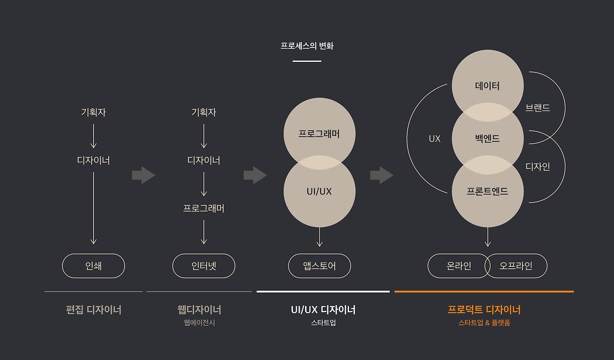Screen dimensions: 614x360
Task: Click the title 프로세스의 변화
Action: pyautogui.click(x=307, y=46)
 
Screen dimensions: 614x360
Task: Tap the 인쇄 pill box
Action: pyautogui.click(x=94, y=265)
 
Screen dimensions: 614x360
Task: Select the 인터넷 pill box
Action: pyautogui.click(x=204, y=265)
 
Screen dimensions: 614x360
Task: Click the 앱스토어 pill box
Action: pyautogui.click(x=319, y=265)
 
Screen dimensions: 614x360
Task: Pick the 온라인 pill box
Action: pyautogui.click(x=459, y=265)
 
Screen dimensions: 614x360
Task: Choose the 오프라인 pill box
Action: pyautogui.click(x=516, y=265)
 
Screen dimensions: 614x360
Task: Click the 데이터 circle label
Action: pyautogui.click(x=487, y=86)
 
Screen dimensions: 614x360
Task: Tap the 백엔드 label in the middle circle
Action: pyautogui.click(x=487, y=139)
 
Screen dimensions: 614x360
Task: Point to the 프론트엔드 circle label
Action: pyautogui.click(x=487, y=191)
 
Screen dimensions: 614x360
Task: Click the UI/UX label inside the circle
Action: pyautogui.click(x=319, y=191)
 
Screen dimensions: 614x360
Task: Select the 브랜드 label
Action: pyautogui.click(x=538, y=108)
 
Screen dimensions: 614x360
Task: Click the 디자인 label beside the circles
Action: pyautogui.click(x=538, y=167)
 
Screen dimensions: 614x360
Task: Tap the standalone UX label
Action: pyautogui.click(x=435, y=139)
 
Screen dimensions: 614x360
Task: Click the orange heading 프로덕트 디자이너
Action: pyautogui.click(x=484, y=310)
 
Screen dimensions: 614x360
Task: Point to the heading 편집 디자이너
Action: pyautogui.click(x=94, y=310)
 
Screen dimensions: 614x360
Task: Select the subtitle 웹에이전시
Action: pyautogui.click(x=199, y=323)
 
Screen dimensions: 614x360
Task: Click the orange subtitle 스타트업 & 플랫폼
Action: pyautogui.click(x=484, y=323)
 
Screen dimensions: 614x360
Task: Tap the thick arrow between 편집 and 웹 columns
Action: pyautogui.click(x=143, y=175)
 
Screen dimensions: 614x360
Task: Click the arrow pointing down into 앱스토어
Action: pyautogui.click(x=319, y=237)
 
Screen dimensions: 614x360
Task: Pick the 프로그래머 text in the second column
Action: pyautogui.click(x=204, y=208)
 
